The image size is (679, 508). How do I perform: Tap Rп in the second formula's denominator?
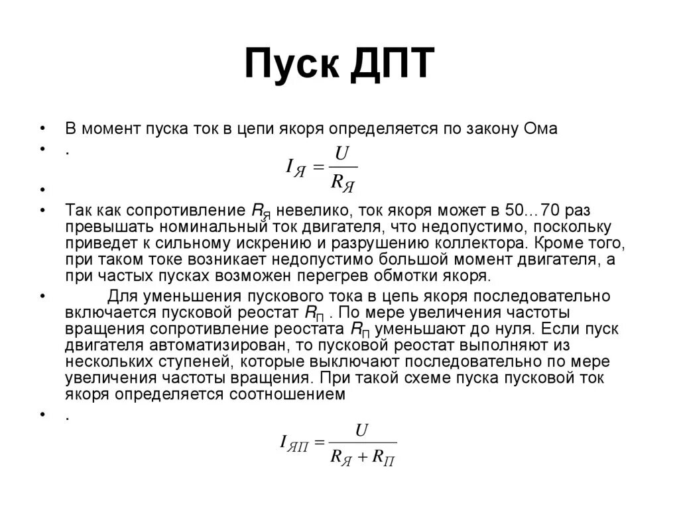click(x=384, y=458)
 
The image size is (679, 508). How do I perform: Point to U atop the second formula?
click(x=362, y=431)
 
